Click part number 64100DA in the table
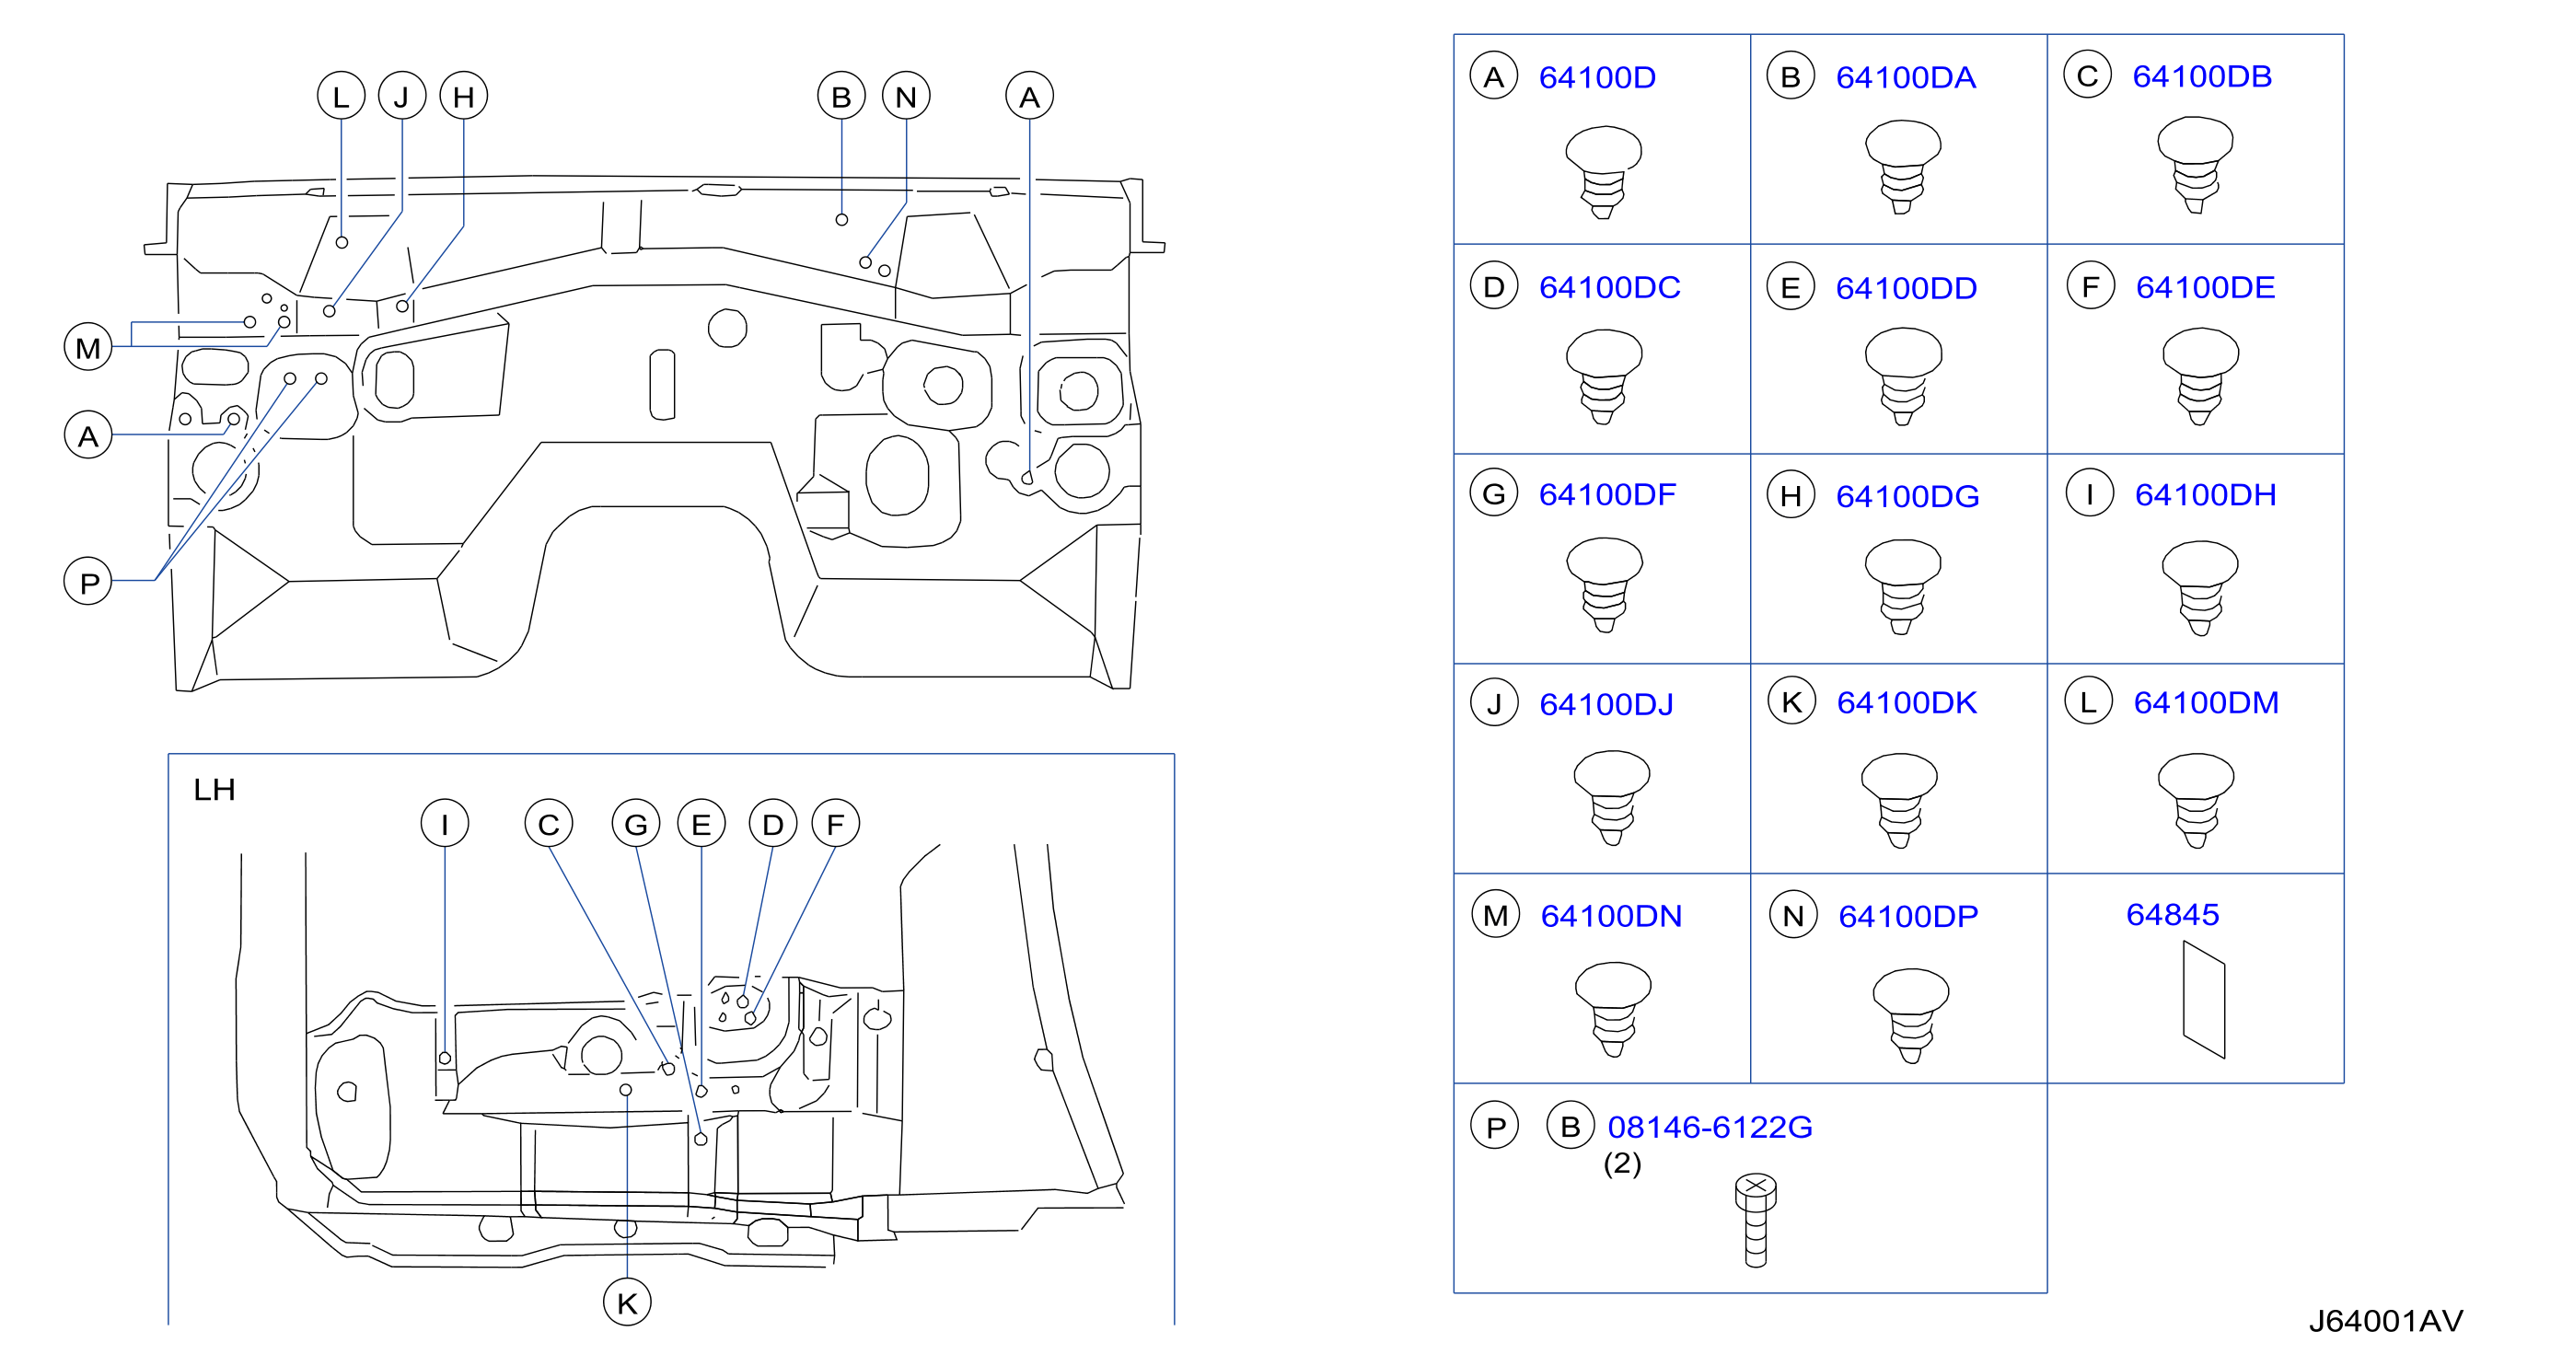pos(1905,77)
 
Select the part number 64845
pos(2173,914)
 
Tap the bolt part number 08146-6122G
pos(1710,1127)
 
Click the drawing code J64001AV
pos(2385,1320)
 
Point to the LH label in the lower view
pos(214,790)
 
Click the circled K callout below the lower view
pos(627,1302)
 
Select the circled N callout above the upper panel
pos(905,97)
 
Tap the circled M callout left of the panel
pos(87,347)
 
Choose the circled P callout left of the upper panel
pos(87,582)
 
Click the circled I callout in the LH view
pos(444,823)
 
